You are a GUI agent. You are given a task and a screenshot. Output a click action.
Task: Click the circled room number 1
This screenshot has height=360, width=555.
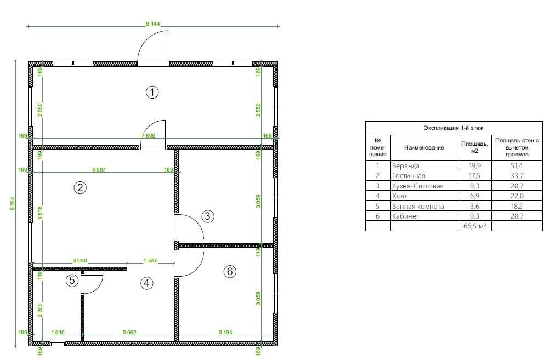152,93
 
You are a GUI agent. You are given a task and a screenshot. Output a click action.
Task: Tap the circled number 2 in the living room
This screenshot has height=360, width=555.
80,187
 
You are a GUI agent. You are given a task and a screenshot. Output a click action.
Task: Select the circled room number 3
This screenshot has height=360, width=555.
208,216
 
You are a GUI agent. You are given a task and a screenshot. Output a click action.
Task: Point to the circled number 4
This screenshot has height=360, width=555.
146,283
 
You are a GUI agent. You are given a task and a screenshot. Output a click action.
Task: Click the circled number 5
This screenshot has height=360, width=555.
72,281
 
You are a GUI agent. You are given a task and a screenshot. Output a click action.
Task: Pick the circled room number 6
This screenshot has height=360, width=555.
230,271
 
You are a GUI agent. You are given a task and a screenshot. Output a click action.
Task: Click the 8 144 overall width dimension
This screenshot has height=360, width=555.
153,24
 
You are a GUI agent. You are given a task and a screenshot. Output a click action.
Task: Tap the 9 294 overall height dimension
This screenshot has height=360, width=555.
13,204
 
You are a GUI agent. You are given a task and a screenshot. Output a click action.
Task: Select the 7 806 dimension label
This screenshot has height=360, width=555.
148,135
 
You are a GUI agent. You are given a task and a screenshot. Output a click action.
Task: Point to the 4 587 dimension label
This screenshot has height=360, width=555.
99,170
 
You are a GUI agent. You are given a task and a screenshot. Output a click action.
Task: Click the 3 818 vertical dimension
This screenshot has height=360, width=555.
40,213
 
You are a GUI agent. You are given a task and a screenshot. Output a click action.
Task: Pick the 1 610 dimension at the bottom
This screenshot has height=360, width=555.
58,333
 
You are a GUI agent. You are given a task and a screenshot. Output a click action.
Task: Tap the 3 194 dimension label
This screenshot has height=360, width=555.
225,333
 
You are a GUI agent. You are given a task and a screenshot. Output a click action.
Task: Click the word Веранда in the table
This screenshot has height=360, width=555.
406,166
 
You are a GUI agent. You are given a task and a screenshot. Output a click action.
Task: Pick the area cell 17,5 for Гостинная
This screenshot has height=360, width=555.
474,176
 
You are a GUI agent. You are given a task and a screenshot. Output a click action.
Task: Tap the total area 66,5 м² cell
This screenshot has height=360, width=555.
474,226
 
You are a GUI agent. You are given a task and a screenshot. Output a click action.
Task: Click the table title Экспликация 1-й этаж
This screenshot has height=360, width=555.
454,128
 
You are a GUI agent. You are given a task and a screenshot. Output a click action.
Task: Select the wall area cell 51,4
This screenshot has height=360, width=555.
517,166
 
